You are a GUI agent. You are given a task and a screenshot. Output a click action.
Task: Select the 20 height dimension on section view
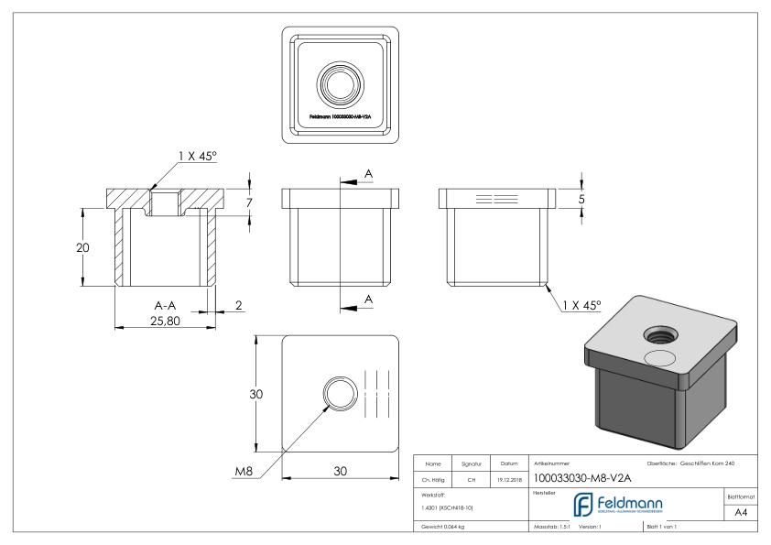click(x=81, y=246)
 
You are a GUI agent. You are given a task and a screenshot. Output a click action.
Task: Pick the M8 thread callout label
click(x=244, y=471)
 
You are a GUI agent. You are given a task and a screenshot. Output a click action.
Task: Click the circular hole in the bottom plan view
click(x=338, y=396)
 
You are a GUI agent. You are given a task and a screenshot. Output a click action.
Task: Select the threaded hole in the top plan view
click(x=340, y=86)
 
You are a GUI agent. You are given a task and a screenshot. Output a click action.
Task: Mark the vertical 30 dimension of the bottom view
click(x=258, y=395)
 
